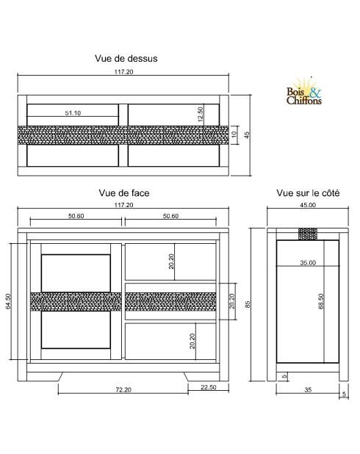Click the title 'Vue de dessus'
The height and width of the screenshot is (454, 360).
click(126, 57)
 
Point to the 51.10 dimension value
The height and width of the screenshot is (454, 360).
click(73, 113)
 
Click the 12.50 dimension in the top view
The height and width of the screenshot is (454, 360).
click(200, 114)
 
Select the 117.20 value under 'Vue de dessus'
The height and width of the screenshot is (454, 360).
click(123, 72)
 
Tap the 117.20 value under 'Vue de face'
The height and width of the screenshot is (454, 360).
click(123, 205)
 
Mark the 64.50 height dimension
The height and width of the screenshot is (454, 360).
click(9, 302)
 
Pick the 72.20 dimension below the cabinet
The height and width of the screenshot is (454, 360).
click(123, 389)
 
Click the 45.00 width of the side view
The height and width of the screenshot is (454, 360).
click(307, 206)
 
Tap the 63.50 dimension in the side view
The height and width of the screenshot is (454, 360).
click(320, 303)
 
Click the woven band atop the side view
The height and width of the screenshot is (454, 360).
click(307, 234)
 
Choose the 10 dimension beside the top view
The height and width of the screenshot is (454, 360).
click(234, 135)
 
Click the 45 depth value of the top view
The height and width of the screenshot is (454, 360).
click(248, 134)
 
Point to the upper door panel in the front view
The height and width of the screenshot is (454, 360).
click(76, 273)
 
